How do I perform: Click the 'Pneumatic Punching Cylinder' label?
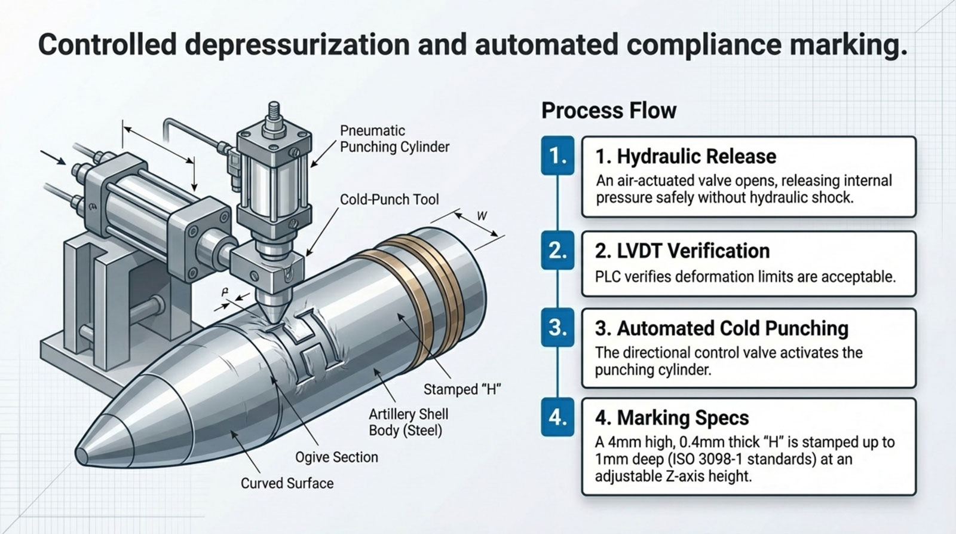pos(394,139)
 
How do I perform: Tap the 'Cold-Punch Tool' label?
pos(389,199)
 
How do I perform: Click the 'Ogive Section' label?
pos(336,457)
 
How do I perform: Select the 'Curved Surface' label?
pos(287,483)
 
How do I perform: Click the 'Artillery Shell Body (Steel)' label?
pos(408,422)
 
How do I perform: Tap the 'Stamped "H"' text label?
pos(461,389)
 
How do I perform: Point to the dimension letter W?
pos(482,216)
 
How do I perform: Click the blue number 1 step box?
pos(557,156)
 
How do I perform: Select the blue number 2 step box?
pos(557,251)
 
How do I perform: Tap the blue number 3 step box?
pos(557,328)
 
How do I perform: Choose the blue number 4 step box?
pos(557,417)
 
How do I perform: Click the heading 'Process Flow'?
pos(608,111)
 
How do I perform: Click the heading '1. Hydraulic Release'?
pos(685,157)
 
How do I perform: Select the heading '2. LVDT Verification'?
pos(682,251)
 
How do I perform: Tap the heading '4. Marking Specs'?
pos(672,417)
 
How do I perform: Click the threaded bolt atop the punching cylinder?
pos(274,114)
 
